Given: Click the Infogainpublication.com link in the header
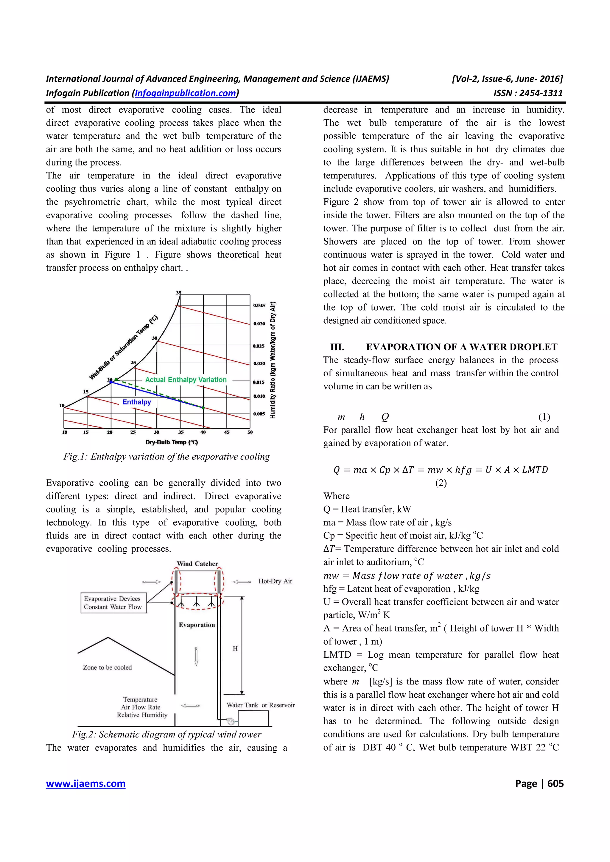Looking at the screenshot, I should click(186, 93).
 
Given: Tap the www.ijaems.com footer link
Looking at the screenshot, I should click(86, 783).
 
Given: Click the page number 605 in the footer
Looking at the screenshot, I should click(555, 783).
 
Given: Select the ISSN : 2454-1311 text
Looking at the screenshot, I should click(528, 93).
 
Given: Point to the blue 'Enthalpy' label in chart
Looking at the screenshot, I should click(136, 402).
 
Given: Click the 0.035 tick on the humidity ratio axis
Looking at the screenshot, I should click(259, 305).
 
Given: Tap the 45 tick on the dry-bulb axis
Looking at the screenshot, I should click(227, 432).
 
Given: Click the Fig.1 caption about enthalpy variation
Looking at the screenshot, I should click(166, 457).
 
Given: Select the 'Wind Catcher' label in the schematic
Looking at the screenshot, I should click(197, 564).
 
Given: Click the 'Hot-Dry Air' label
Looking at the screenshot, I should click(275, 581).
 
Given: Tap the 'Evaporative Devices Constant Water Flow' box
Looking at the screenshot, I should click(113, 603).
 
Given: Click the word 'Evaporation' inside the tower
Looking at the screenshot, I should click(197, 625).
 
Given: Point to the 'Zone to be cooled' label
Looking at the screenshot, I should click(107, 667).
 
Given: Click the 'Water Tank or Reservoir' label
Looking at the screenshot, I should click(260, 705).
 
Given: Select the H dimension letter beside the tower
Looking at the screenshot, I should click(235, 648).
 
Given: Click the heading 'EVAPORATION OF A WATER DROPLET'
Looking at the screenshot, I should click(462, 347).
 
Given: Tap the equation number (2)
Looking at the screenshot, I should click(441, 483).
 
